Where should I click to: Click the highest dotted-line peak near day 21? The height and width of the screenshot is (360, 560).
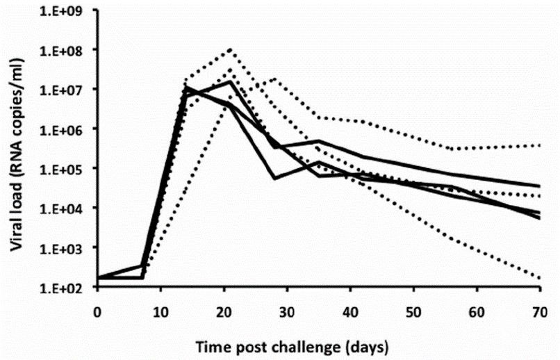(x=230, y=49)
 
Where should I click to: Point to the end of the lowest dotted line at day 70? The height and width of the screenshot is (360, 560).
(x=540, y=279)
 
